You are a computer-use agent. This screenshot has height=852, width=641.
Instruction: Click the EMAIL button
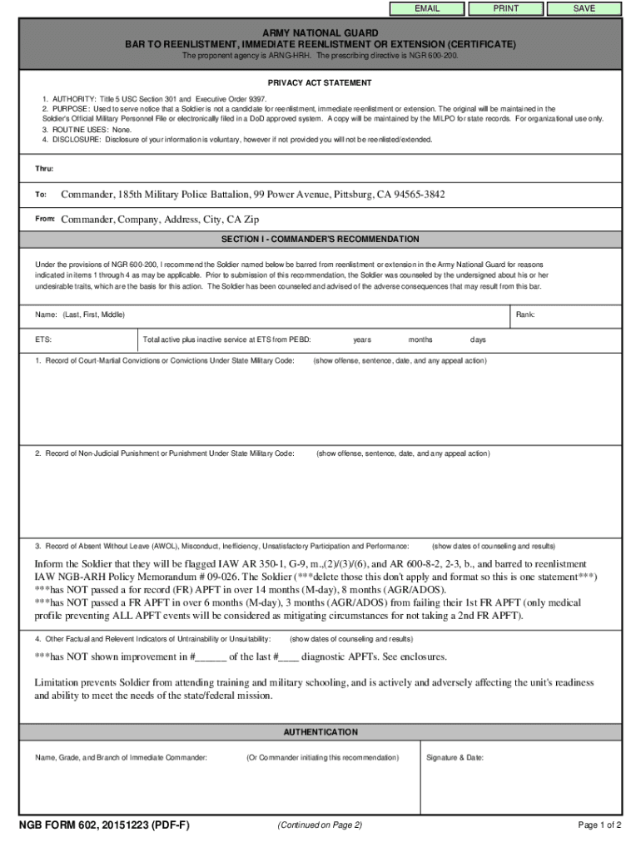[x=428, y=8]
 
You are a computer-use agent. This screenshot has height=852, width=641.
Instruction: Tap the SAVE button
[x=584, y=8]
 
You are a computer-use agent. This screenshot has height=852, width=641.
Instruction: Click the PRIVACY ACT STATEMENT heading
[x=320, y=83]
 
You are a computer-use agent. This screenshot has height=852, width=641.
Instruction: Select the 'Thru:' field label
[x=44, y=169]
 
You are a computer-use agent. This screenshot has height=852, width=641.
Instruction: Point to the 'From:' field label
[x=45, y=219]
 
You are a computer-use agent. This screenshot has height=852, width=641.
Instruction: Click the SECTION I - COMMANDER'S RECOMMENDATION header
[x=320, y=240]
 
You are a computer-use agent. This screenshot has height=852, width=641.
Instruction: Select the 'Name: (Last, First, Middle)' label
[x=80, y=315]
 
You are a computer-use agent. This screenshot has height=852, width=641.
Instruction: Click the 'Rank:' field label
[x=525, y=315]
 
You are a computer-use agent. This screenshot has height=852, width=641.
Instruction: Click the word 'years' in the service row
[x=362, y=340]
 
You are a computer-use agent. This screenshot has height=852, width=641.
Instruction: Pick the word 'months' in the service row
[x=420, y=340]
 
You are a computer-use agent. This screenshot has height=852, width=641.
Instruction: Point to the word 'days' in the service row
[x=478, y=340]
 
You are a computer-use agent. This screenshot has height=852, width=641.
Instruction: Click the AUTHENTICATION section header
[x=320, y=732]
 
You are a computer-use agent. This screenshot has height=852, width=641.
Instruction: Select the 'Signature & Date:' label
[x=455, y=758]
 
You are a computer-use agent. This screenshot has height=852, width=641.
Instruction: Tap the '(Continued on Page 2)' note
[x=319, y=825]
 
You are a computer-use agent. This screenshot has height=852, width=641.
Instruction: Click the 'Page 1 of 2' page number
[x=599, y=825]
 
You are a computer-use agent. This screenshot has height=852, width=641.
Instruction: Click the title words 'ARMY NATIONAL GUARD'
[x=320, y=32]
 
